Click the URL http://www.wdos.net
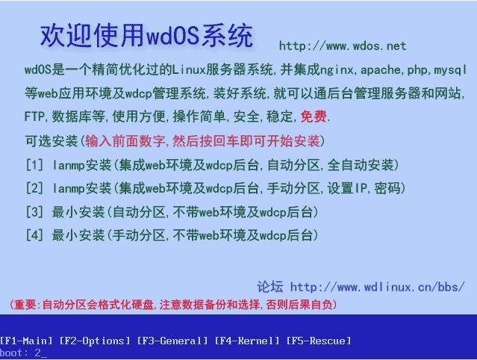click(x=343, y=46)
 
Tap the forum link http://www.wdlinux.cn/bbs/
click(x=378, y=287)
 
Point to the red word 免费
click(x=314, y=117)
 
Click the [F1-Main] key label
click(x=26, y=341)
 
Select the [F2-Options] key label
click(x=95, y=341)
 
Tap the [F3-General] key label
click(x=172, y=341)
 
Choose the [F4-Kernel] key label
click(x=247, y=341)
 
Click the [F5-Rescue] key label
click(x=319, y=341)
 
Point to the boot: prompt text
click(x=14, y=353)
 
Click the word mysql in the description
click(x=450, y=70)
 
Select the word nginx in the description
click(x=336, y=70)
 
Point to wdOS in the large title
click(x=172, y=35)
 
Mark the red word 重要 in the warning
click(x=25, y=305)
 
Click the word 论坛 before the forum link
click(x=269, y=287)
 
